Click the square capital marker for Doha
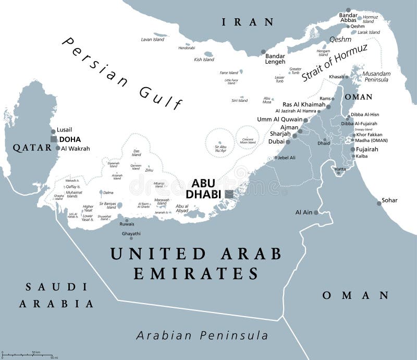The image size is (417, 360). tap(53, 139)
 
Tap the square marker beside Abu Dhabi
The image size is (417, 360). tap(229, 194)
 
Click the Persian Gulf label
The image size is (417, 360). tap(122, 73)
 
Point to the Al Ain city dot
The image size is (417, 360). tap(315, 212)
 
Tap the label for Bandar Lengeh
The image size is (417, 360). tap(275, 58)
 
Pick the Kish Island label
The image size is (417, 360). tap(204, 59)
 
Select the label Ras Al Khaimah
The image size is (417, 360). tap(304, 104)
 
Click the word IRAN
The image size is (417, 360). tap(248, 22)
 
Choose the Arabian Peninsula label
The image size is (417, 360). tap(202, 335)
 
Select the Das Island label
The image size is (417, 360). tap(136, 153)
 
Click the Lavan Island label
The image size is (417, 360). tap(153, 40)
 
